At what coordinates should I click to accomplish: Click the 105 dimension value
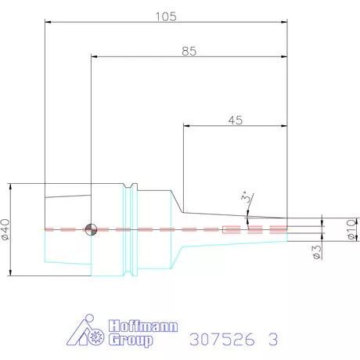tap(166, 16)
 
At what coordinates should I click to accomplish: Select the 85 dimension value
tap(189, 51)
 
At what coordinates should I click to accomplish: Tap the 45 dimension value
tap(236, 121)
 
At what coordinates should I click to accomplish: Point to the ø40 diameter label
tap(5, 229)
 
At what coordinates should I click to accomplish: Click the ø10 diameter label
tap(351, 229)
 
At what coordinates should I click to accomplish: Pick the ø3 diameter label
tap(317, 252)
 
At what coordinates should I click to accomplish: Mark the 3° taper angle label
tap(246, 197)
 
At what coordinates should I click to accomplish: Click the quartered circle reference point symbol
tap(92, 229)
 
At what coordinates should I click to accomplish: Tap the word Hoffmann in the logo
tap(143, 326)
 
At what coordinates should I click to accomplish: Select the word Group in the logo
tap(131, 340)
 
